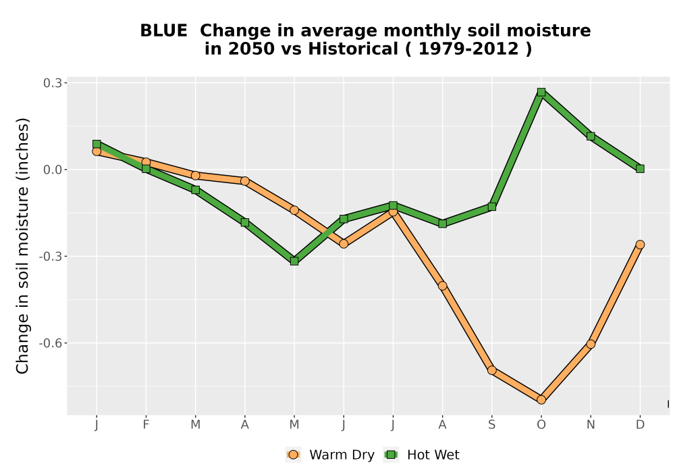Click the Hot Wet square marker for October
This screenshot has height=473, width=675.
click(541, 92)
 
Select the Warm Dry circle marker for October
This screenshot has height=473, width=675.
click(541, 400)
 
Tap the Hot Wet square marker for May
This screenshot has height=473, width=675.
click(294, 261)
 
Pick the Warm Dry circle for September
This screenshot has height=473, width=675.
click(491, 370)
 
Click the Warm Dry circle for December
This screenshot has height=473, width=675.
click(640, 245)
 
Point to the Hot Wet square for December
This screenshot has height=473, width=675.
click(640, 169)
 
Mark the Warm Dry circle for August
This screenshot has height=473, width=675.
click(442, 286)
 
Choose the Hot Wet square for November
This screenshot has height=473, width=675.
click(591, 136)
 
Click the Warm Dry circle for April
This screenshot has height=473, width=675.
click(244, 181)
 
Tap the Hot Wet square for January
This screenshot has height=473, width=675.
click(97, 144)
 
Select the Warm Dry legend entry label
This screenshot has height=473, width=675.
click(342, 455)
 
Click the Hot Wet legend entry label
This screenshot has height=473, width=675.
click(433, 455)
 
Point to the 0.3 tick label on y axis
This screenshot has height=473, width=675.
click(52, 82)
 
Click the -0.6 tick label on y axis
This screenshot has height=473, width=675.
click(50, 343)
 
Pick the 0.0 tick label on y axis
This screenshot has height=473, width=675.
click(52, 170)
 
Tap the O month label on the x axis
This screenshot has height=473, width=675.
click(541, 425)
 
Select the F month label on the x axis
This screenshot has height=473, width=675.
click(146, 425)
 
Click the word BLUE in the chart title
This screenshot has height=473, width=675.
click(163, 30)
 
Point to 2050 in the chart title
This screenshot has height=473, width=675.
click(251, 49)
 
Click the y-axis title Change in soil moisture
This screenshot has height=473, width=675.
click(22, 245)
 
